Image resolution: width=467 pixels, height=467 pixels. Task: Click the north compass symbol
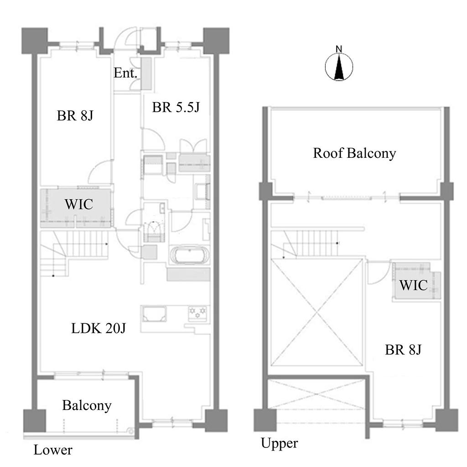coord(339,67)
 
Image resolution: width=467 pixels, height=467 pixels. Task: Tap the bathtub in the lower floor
coord(190,255)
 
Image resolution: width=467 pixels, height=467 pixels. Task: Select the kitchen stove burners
coord(197,313)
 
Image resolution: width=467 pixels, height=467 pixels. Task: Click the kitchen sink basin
coord(154,314)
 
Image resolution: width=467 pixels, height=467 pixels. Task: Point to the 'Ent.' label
coord(125,73)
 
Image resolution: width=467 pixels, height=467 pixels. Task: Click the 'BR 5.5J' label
coord(176,107)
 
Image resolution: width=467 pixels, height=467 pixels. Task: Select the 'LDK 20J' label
coord(99,328)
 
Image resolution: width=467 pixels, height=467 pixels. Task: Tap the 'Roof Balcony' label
coord(354,153)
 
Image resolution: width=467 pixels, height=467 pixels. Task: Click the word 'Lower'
coord(53,450)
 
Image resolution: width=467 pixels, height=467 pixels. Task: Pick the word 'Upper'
coord(280,443)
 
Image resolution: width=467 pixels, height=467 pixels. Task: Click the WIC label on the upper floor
coord(413,285)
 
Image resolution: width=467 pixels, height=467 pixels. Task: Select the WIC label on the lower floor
coord(79,204)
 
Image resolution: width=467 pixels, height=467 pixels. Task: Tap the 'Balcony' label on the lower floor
coord(87,405)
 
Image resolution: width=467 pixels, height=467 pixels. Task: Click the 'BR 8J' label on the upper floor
coord(403,350)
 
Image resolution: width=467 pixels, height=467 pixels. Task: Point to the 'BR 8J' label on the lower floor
coord(75,115)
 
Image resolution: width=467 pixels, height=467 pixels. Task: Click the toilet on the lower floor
coord(154,231)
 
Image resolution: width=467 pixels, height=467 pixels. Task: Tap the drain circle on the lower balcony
coord(130,431)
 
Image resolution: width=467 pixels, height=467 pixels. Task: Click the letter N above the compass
coord(339,49)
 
